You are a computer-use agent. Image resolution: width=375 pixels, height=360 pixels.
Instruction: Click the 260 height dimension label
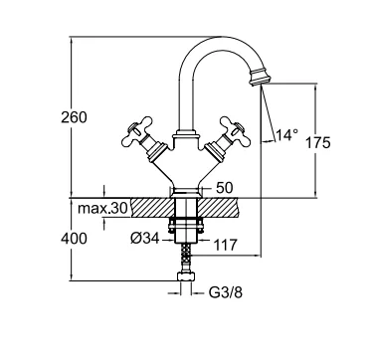click(74, 117)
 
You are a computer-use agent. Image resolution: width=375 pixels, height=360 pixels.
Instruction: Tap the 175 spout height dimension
click(317, 143)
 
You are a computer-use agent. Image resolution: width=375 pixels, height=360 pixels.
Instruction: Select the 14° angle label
click(286, 135)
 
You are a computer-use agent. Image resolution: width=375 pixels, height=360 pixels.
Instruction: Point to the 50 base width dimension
click(225, 188)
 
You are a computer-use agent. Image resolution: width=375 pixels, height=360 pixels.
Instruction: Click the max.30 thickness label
click(102, 209)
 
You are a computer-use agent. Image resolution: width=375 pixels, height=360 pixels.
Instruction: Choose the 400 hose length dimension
click(74, 239)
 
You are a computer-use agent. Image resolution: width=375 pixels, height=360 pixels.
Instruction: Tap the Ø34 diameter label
click(145, 239)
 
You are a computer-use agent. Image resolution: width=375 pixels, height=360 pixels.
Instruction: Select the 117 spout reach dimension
click(225, 246)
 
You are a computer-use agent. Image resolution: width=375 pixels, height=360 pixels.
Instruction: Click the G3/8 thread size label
click(226, 292)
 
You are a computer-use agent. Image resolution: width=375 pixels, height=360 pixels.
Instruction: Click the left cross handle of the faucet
click(136, 131)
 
